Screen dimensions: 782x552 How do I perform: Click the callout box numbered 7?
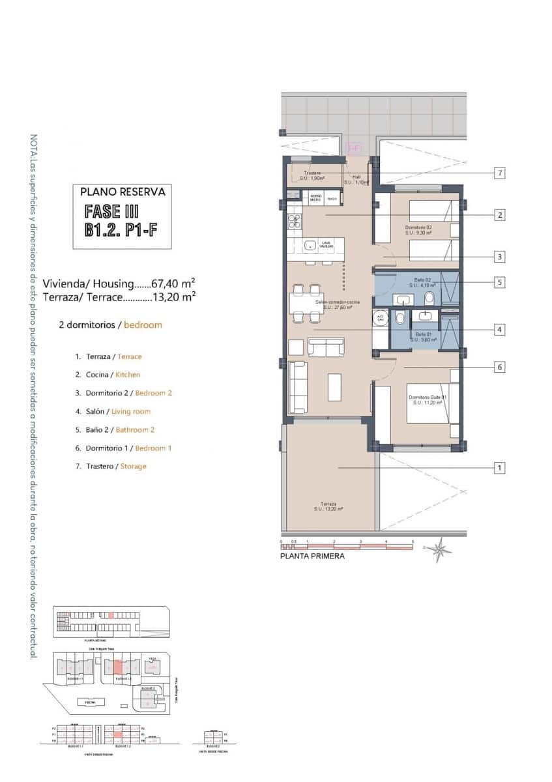click(x=499, y=173)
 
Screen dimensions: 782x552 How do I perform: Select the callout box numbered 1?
click(x=499, y=468)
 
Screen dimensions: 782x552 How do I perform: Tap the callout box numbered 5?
click(x=499, y=283)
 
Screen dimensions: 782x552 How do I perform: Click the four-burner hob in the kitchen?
click(x=294, y=220)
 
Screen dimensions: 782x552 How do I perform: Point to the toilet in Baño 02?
click(x=429, y=298)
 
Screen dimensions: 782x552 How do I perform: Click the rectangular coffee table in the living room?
click(x=334, y=386)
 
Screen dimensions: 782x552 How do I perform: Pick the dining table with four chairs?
click(x=306, y=303)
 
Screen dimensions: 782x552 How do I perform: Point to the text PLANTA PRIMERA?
click(x=312, y=557)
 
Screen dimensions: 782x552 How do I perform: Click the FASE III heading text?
click(x=112, y=211)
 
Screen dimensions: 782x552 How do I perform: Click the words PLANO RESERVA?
click(x=122, y=192)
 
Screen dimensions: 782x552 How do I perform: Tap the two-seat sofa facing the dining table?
click(x=326, y=348)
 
